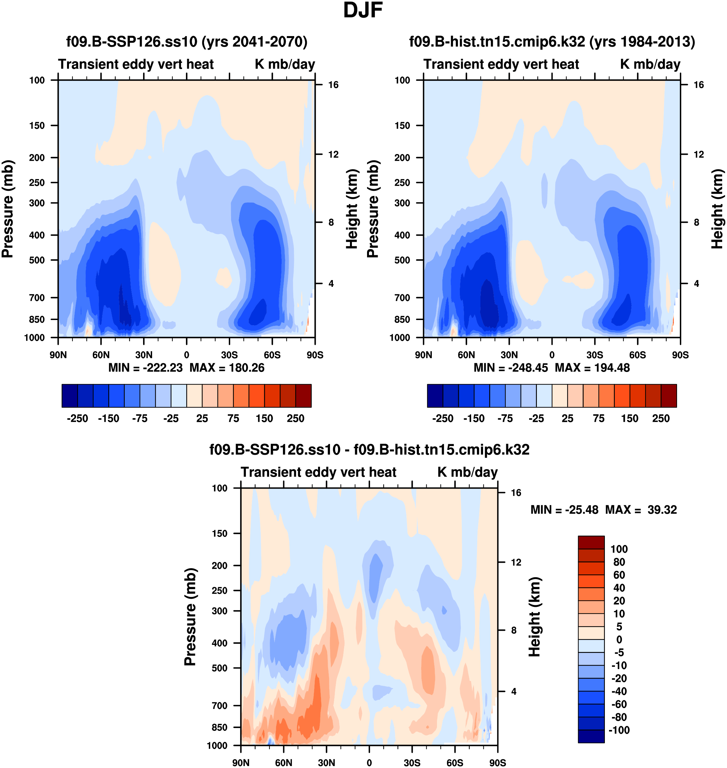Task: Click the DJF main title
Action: pyautogui.click(x=363, y=10)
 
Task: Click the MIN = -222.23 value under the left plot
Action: pyautogui.click(x=145, y=368)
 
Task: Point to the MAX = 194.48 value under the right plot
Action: pyautogui.click(x=593, y=368)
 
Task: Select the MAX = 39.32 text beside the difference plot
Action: pyautogui.click(x=641, y=510)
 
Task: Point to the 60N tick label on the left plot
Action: pyautogui.click(x=101, y=355)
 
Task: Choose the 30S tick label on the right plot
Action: pyautogui.click(x=595, y=355)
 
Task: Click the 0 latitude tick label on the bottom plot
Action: pyautogui.click(x=369, y=763)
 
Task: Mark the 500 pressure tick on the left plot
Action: pyautogui.click(x=37, y=260)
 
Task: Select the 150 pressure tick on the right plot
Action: pyautogui.click(x=402, y=126)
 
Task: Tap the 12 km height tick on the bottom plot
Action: pyautogui.click(x=516, y=562)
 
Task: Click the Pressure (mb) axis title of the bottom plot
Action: pyautogui.click(x=190, y=617)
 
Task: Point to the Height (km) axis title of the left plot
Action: pyautogui.click(x=351, y=209)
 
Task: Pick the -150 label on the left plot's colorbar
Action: pyautogui.click(x=109, y=419)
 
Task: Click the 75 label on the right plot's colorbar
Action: pyautogui.click(x=598, y=419)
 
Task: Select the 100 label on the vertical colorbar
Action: pyautogui.click(x=619, y=549)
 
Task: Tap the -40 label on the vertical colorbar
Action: pyautogui.click(x=619, y=691)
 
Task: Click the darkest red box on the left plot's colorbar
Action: pyautogui.click(x=304, y=396)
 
